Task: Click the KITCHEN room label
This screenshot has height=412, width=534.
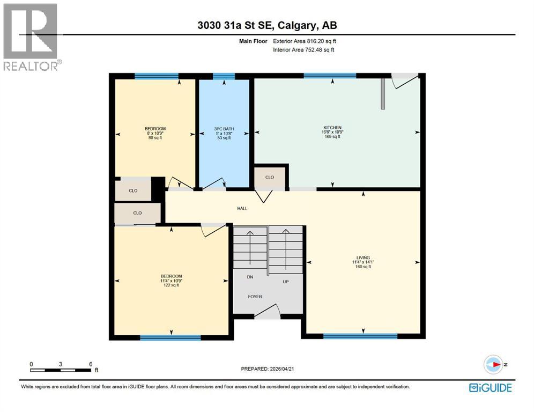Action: (x=332, y=127)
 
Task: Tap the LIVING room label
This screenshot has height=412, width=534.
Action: (x=362, y=257)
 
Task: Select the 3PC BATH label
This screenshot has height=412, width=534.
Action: (x=224, y=129)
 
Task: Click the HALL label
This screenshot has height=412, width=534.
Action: (x=242, y=208)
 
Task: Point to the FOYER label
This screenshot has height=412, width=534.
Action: (x=255, y=296)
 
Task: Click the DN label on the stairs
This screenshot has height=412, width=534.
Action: (x=249, y=277)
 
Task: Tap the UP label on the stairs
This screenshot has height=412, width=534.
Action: (x=286, y=281)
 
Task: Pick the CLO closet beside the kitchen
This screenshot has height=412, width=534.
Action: (x=270, y=177)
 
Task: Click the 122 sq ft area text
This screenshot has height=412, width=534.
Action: (x=171, y=285)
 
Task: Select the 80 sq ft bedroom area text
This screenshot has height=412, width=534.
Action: (x=155, y=138)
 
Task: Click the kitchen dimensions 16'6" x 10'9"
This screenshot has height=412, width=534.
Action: (x=332, y=132)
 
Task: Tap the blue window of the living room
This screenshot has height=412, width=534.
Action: (x=360, y=336)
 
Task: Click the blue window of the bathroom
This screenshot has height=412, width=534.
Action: (x=224, y=76)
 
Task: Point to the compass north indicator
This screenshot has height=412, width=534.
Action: (x=494, y=364)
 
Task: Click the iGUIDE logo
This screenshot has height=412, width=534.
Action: (x=490, y=387)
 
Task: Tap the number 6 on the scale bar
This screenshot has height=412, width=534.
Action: (x=90, y=364)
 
